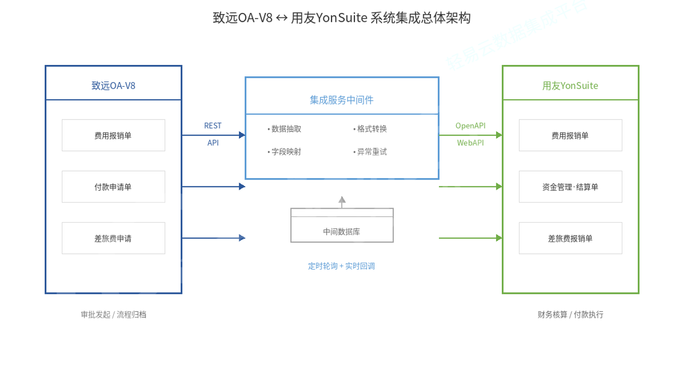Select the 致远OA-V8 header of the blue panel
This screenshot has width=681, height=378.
(x=113, y=86)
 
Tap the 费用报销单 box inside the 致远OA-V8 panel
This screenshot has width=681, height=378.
(x=113, y=136)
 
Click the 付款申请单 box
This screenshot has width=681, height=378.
(x=113, y=187)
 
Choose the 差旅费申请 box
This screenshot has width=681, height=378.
(x=113, y=238)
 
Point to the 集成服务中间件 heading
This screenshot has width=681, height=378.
(x=341, y=100)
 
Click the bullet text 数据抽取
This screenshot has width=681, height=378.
(x=285, y=129)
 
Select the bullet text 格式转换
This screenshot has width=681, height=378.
(x=370, y=129)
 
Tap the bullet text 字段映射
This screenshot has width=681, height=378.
(x=285, y=152)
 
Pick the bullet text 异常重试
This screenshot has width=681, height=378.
(x=370, y=152)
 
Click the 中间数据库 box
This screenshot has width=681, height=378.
(x=341, y=231)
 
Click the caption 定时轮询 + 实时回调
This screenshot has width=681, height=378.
(x=341, y=266)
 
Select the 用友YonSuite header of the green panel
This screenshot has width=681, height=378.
(x=570, y=86)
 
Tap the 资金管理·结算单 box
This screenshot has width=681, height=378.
(x=570, y=187)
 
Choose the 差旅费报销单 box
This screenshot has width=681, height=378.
(x=570, y=238)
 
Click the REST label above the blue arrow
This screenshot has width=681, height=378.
(x=212, y=126)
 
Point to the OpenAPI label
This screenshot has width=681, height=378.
(x=470, y=126)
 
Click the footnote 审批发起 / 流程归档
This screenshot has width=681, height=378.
(x=113, y=315)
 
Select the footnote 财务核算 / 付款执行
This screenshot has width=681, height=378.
(x=570, y=315)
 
